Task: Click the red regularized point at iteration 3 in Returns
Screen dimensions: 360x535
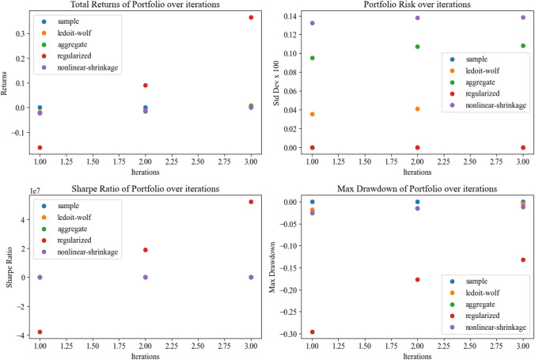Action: point(251,17)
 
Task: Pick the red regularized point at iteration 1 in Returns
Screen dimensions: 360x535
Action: point(40,148)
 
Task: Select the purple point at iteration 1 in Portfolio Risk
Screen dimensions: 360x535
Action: point(313,23)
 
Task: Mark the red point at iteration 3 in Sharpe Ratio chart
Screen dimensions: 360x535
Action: point(251,202)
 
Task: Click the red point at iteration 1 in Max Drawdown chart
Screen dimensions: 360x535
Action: point(313,332)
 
